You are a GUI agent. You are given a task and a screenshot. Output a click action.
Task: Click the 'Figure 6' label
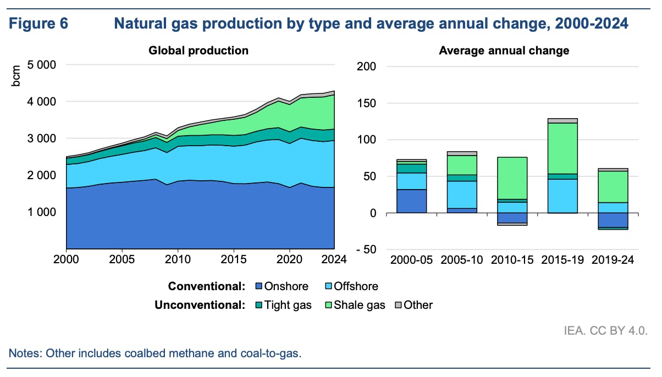point(38,24)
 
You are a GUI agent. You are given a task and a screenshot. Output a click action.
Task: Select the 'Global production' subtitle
point(198,51)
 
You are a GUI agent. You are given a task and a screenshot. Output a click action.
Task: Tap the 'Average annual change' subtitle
point(504,51)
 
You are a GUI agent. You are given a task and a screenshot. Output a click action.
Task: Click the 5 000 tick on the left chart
point(41,65)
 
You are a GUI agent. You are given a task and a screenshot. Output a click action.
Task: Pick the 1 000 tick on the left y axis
point(41,212)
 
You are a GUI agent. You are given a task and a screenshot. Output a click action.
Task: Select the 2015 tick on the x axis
point(234,259)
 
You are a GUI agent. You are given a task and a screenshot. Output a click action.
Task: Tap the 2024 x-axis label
point(334,259)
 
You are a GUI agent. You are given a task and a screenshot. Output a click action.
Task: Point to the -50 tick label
point(365,250)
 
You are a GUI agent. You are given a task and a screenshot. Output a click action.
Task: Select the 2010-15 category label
point(511,259)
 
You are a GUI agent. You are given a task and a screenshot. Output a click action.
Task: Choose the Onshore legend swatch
point(259,286)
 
